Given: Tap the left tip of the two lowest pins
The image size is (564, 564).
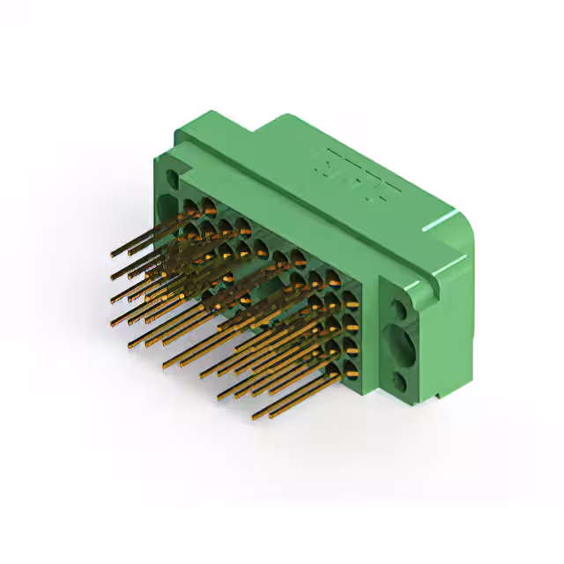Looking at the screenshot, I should [255, 415].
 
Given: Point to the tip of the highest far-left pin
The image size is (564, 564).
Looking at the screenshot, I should [114, 256].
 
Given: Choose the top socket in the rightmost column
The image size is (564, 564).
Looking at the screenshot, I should [350, 299].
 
